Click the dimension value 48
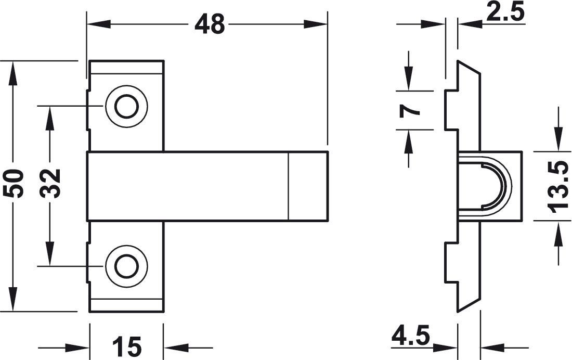click(x=210, y=24)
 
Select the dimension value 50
click(x=15, y=183)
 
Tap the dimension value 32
click(x=50, y=183)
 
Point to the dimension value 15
click(x=126, y=346)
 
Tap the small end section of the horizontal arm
click(x=308, y=186)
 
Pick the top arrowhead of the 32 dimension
click(x=50, y=118)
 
